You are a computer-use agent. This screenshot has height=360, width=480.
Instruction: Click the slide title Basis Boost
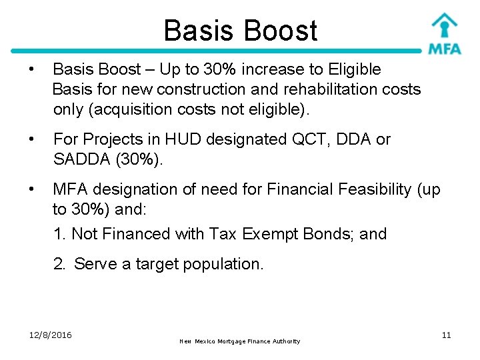coord(240,31)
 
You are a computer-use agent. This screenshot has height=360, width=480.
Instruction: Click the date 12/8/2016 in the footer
coord(51,335)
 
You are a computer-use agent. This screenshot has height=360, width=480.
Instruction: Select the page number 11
coord(446,335)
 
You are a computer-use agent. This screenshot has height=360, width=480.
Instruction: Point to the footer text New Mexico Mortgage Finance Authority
coord(240,341)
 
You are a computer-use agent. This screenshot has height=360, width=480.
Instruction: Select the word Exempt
coord(269,234)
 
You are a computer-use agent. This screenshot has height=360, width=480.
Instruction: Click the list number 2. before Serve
coord(60,264)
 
